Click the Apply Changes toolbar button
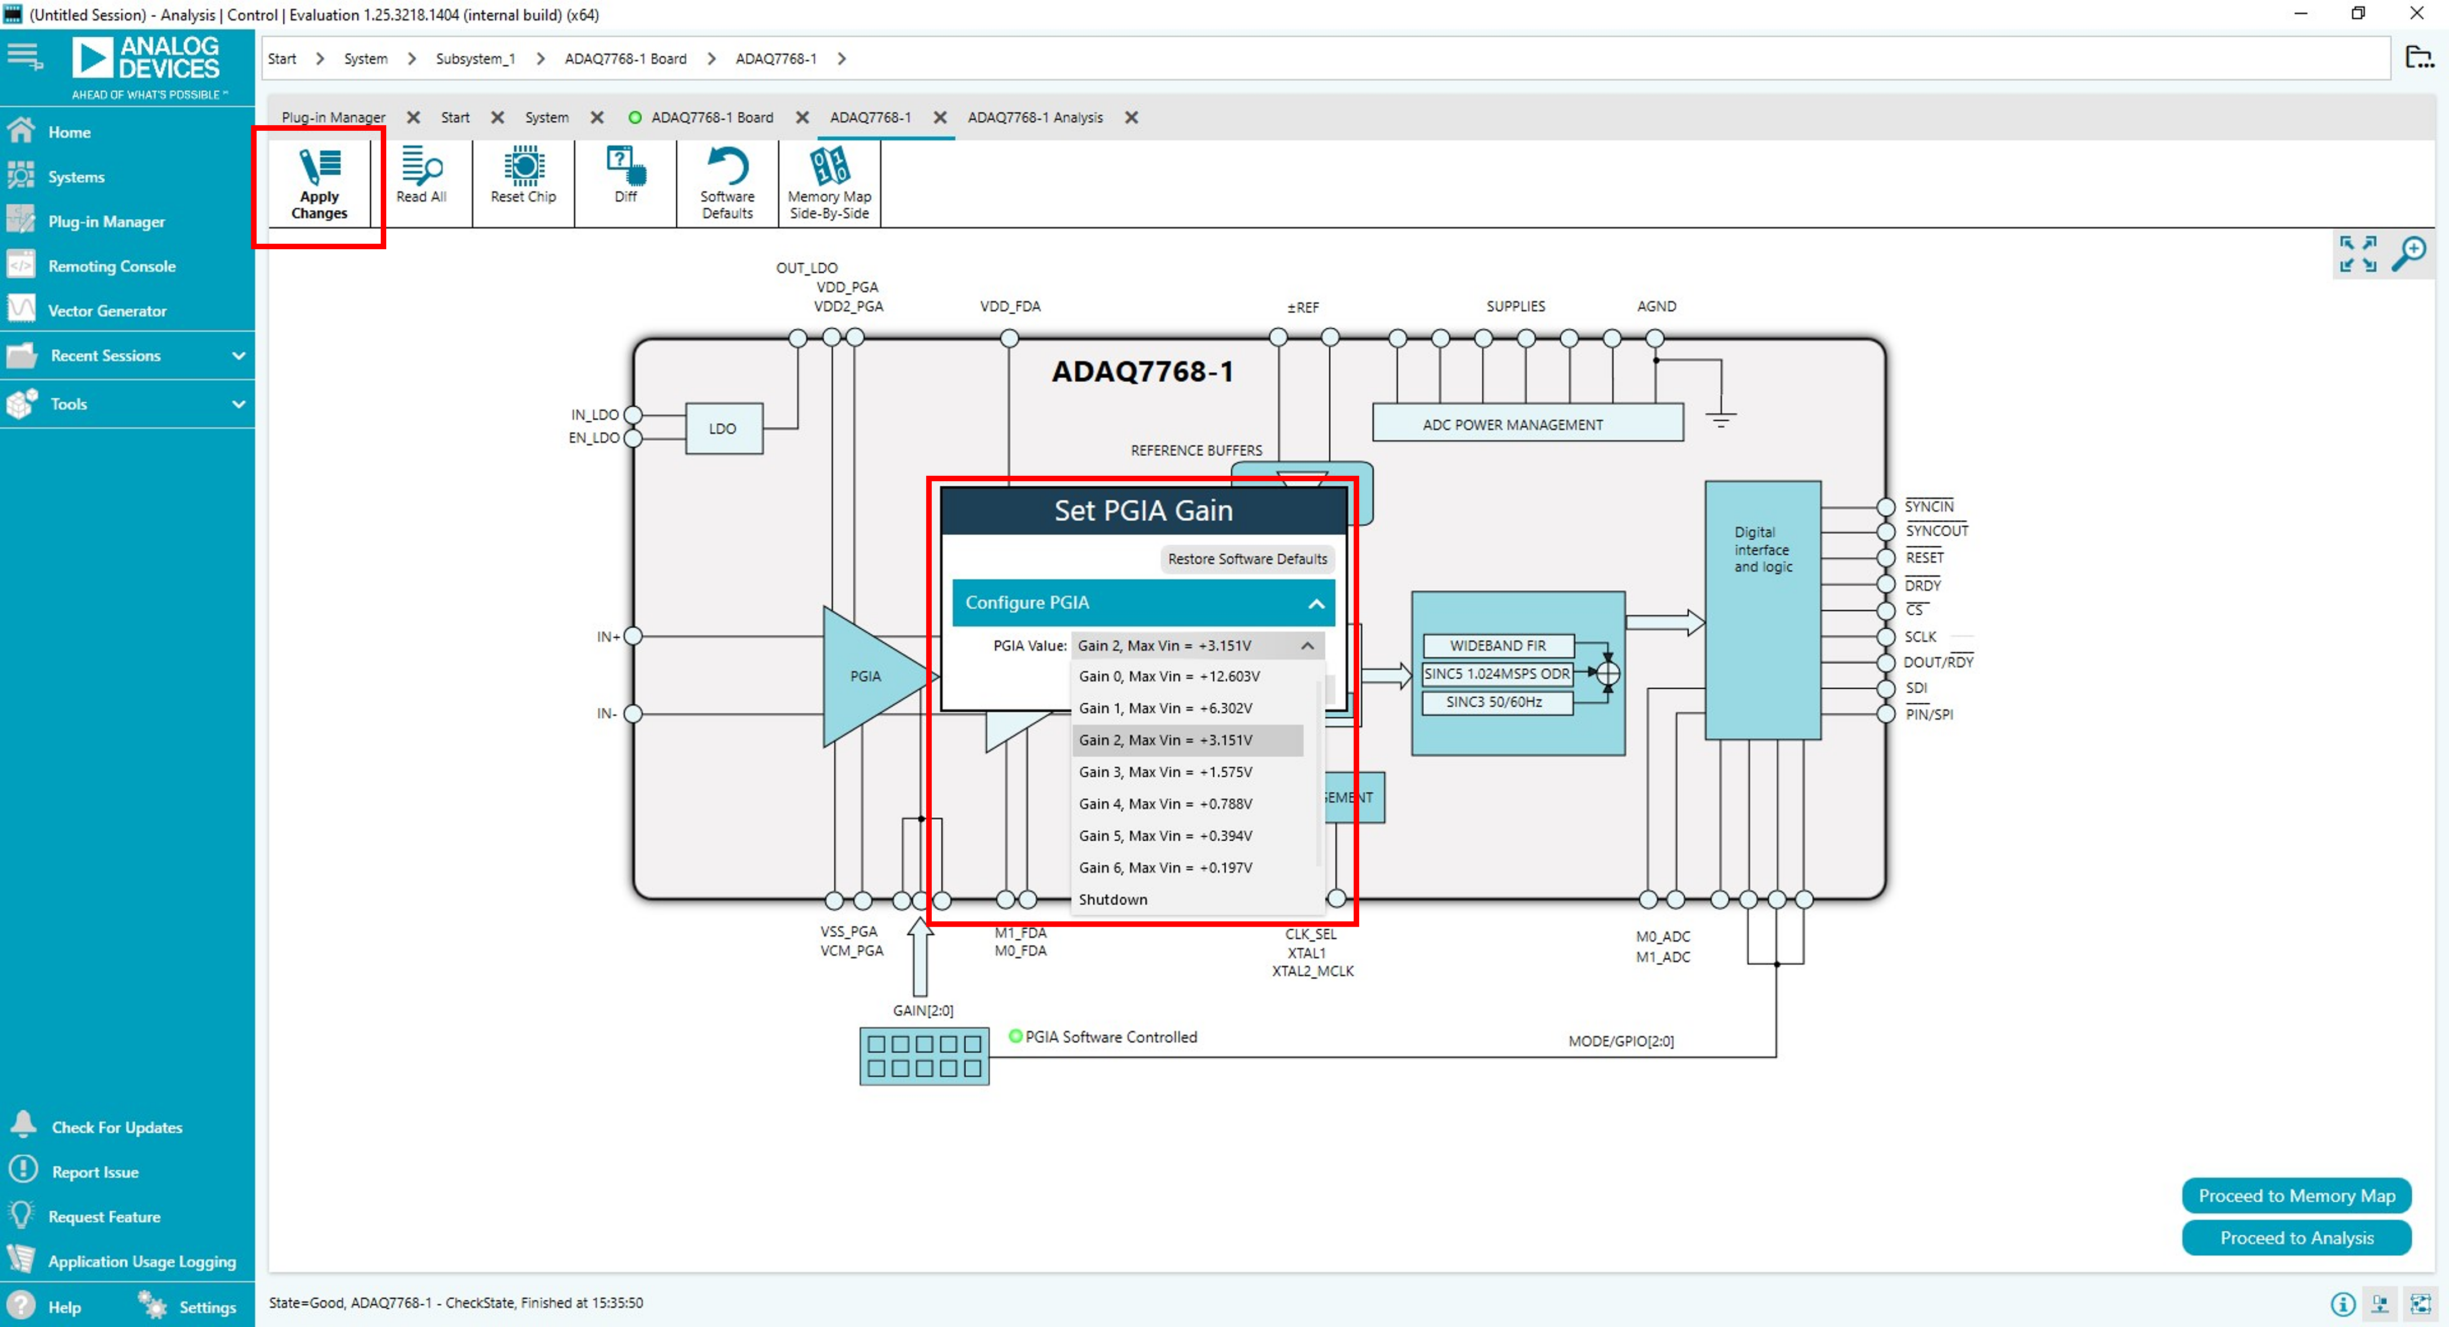(x=319, y=184)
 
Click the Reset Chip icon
(x=523, y=167)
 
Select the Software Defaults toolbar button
(x=727, y=184)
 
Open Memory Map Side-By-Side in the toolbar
(x=829, y=184)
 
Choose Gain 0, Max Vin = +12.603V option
(x=1168, y=676)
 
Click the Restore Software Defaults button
(x=1246, y=559)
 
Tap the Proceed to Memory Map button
(x=2296, y=1195)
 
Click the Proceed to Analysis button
(x=2296, y=1237)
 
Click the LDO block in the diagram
(x=722, y=429)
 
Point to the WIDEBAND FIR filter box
(x=1497, y=645)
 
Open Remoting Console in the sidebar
(x=111, y=266)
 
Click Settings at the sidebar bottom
(x=206, y=1307)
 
